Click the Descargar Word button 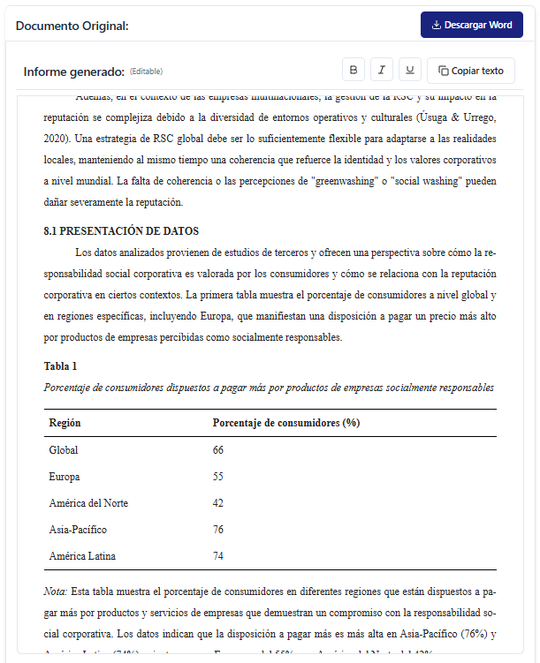click(471, 25)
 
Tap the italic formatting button click(382, 71)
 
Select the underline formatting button click(410, 71)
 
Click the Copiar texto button click(470, 71)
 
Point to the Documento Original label click(72, 26)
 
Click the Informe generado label click(74, 72)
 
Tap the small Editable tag click(147, 72)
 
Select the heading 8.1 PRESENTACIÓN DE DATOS click(114, 231)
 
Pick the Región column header click(65, 423)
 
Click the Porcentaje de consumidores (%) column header click(286, 423)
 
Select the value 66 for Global click(218, 450)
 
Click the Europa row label click(65, 477)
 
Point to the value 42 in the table click(218, 503)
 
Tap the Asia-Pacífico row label click(78, 530)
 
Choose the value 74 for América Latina click(218, 556)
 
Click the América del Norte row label click(88, 503)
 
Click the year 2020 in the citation click(55, 139)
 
